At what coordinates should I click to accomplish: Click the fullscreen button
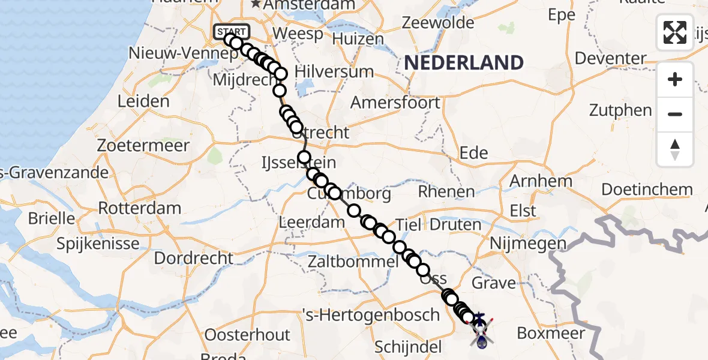[x=675, y=32]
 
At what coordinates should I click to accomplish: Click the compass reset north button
[x=675, y=149]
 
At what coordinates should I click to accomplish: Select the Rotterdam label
[x=139, y=209]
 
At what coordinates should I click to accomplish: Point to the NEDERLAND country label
[x=464, y=62]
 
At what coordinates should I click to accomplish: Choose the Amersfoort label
[x=395, y=102]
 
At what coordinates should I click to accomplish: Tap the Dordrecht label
[x=194, y=258]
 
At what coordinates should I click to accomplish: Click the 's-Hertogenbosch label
[x=374, y=314]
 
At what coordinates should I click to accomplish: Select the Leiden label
[x=143, y=101]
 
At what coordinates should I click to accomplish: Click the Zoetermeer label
[x=145, y=146]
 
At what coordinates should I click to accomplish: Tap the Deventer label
[x=610, y=59]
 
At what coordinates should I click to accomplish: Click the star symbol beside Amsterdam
[x=256, y=5]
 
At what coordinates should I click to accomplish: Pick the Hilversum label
[x=334, y=71]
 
